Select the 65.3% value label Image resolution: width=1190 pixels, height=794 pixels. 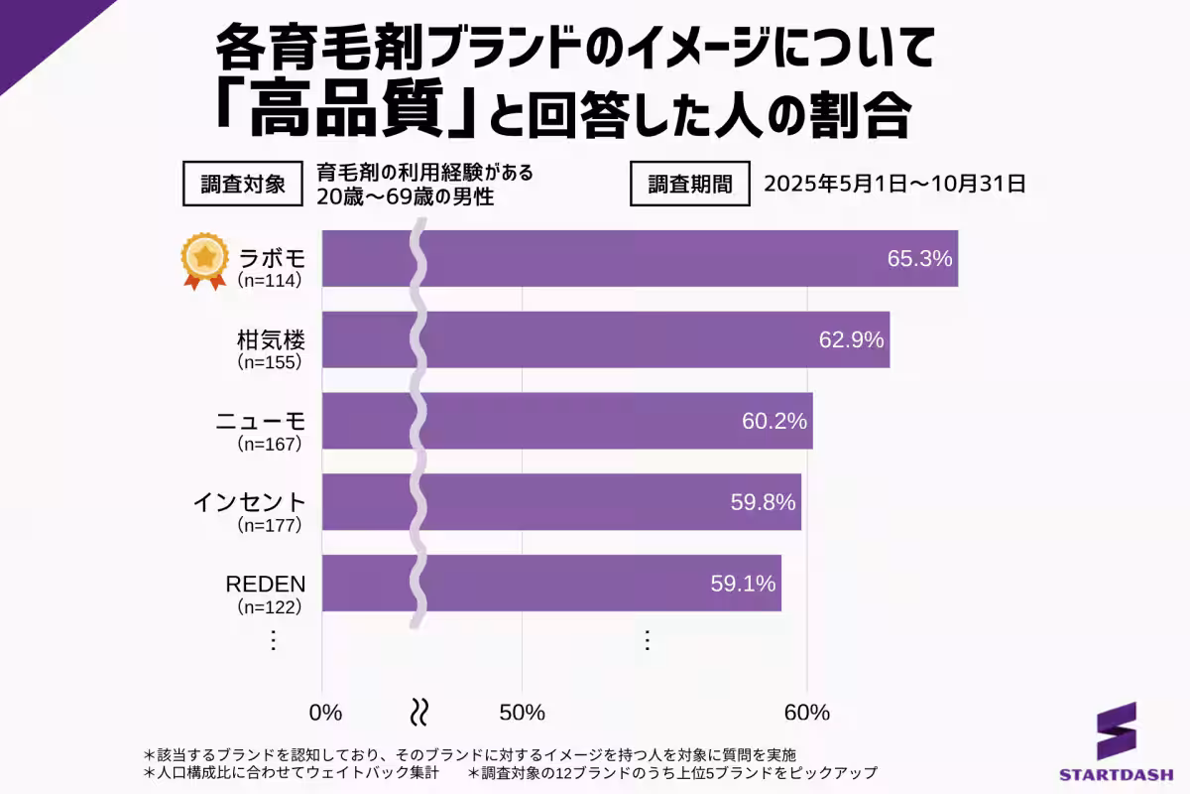pyautogui.click(x=919, y=259)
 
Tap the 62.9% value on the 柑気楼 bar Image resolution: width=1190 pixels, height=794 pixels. pyautogui.click(x=851, y=340)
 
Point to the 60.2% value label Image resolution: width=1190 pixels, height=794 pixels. pyautogui.click(x=774, y=421)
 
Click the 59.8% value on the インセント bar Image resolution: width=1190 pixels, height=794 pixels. pyautogui.click(x=763, y=502)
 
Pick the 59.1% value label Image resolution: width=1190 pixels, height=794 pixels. pyautogui.click(x=743, y=584)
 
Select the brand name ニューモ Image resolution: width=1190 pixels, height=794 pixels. pyautogui.click(x=261, y=420)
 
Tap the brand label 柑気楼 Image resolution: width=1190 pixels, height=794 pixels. pyautogui.click(x=270, y=339)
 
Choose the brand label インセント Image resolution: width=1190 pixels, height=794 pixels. pyautogui.click(x=249, y=501)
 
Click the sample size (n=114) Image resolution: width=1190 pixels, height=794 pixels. pyautogui.click(x=269, y=281)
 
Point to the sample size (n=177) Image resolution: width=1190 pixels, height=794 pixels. pyautogui.click(x=269, y=525)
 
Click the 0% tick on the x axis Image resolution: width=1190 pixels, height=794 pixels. pyautogui.click(x=325, y=713)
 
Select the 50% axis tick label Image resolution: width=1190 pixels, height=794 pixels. pyautogui.click(x=522, y=713)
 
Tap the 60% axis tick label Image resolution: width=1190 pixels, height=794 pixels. pyautogui.click(x=806, y=713)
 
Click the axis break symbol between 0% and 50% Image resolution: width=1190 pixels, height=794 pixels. pyautogui.click(x=419, y=711)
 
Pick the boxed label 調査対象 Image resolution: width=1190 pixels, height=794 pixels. pyautogui.click(x=243, y=184)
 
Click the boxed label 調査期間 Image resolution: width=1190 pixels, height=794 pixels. pyautogui.click(x=690, y=184)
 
